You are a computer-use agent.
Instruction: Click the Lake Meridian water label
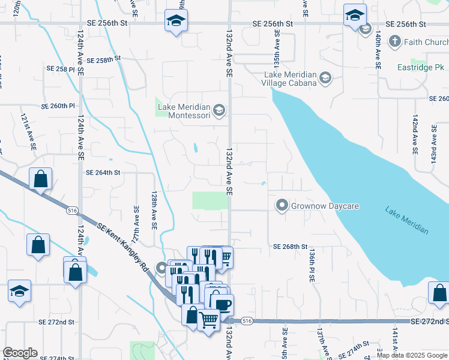click(x=407, y=220)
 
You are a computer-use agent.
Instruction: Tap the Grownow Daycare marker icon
click(x=282, y=206)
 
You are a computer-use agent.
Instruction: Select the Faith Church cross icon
click(x=395, y=41)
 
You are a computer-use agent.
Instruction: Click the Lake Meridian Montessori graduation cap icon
click(x=219, y=109)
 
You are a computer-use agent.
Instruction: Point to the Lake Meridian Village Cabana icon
click(x=325, y=77)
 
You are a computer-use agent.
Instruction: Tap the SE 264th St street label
click(x=103, y=172)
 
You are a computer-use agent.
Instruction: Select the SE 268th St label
click(x=290, y=247)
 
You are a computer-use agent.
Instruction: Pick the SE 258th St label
click(x=104, y=60)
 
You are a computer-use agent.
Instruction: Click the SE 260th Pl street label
click(x=58, y=106)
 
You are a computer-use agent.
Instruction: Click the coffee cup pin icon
click(x=223, y=304)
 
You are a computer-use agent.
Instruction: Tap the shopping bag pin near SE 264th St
click(x=40, y=178)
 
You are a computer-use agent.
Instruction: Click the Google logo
click(x=20, y=353)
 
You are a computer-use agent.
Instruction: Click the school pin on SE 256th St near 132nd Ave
click(x=175, y=22)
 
